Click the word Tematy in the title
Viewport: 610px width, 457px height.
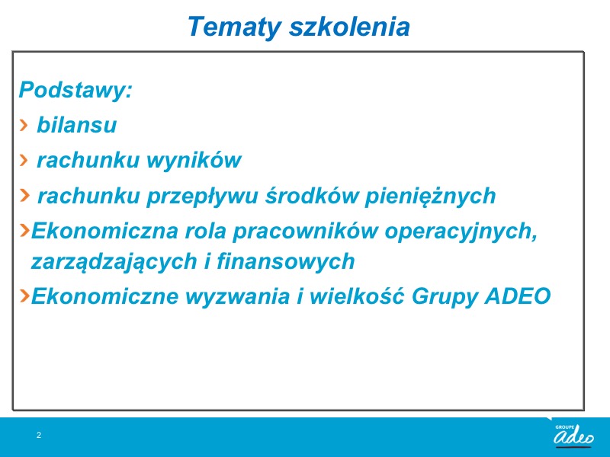pos(234,27)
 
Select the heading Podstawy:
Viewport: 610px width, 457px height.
pos(75,90)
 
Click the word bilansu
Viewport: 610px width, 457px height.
pos(77,125)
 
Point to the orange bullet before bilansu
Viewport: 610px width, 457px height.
pos(24,125)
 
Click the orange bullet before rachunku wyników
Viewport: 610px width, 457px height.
pos(24,160)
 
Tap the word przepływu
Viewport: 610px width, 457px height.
pos(202,196)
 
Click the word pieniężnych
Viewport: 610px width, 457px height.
pos(430,196)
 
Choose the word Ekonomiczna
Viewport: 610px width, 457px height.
pos(104,231)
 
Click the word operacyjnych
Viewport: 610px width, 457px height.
pos(461,232)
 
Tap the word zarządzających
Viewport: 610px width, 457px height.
pos(114,261)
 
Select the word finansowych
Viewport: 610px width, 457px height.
pos(286,260)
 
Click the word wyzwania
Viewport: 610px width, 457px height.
pos(238,296)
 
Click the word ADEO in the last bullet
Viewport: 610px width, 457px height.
pos(518,296)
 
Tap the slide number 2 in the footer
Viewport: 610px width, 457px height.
pos(39,435)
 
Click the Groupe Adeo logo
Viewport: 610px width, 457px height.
pos(574,435)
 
